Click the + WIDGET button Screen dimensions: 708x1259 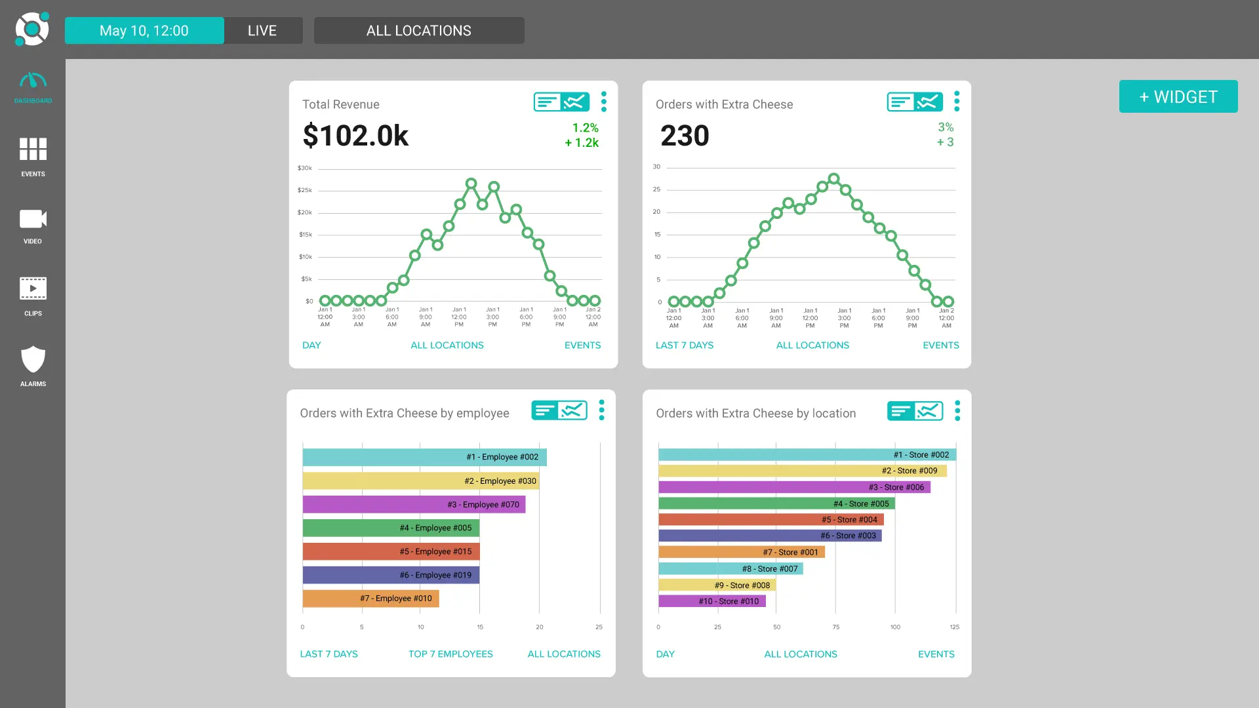click(x=1178, y=96)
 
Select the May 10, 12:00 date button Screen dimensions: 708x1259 click(x=144, y=31)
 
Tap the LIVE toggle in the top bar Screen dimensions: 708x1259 click(x=262, y=31)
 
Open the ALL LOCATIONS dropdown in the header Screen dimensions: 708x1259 click(x=418, y=31)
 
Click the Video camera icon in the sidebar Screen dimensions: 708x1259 click(x=33, y=220)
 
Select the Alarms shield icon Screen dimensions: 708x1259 click(x=33, y=360)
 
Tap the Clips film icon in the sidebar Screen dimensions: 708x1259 click(x=33, y=288)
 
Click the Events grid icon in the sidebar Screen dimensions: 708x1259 click(x=33, y=149)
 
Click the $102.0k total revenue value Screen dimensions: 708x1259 click(x=355, y=136)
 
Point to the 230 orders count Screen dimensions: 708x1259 click(x=685, y=136)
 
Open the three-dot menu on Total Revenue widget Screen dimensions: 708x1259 click(x=603, y=102)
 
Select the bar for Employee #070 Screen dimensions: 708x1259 click(x=413, y=504)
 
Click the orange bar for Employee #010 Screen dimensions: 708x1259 click(x=370, y=599)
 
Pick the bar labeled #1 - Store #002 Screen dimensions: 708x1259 click(x=807, y=454)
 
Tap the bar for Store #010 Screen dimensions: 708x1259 click(x=711, y=601)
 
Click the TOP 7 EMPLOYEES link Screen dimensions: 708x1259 click(x=450, y=654)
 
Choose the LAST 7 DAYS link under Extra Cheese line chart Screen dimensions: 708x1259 click(x=684, y=345)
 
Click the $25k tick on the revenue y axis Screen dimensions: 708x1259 click(x=304, y=190)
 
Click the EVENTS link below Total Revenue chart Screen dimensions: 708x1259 click(x=582, y=345)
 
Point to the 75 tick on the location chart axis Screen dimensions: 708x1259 click(x=835, y=627)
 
